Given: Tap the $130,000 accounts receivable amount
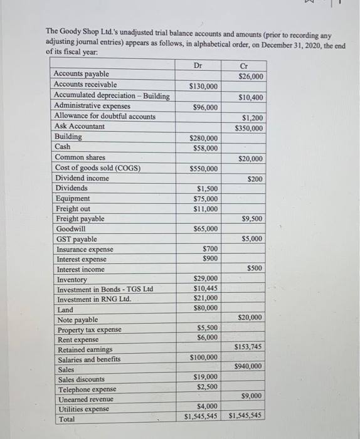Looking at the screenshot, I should [203, 86].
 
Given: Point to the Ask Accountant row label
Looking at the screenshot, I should [80, 126].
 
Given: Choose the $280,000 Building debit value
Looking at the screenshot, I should [203, 138].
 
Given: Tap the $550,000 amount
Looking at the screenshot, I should [203, 169].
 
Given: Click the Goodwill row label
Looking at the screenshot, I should [71, 229].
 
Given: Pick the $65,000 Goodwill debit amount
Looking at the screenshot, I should [205, 229].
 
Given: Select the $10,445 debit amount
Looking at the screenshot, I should [206, 288].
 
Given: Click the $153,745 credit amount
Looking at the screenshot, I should [247, 347].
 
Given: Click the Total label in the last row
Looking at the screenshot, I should [66, 418].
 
